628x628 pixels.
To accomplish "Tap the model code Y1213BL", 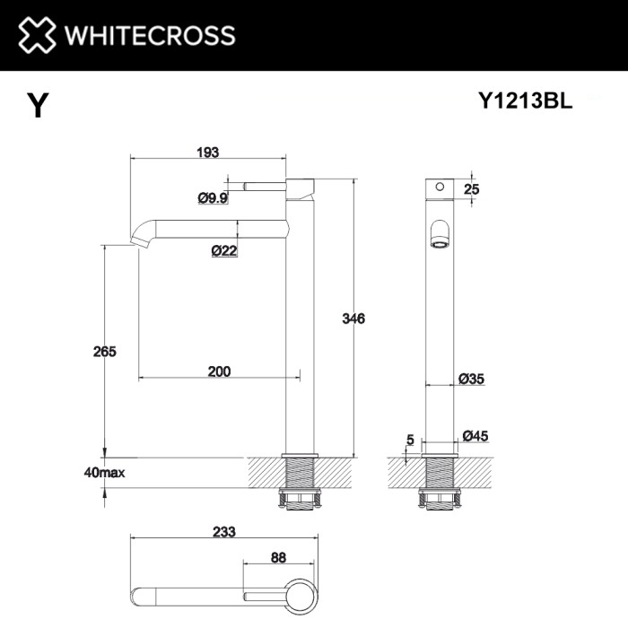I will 525,102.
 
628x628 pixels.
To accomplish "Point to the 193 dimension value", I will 207,153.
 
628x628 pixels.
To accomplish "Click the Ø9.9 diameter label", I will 213,198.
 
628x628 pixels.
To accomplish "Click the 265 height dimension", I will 104,352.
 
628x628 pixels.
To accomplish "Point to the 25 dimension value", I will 472,188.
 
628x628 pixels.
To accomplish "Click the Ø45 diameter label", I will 475,436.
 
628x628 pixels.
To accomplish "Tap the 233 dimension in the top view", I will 223,531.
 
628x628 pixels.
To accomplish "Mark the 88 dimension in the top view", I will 278,557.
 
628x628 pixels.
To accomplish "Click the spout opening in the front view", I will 440,232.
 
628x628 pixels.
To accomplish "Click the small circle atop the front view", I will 440,188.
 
